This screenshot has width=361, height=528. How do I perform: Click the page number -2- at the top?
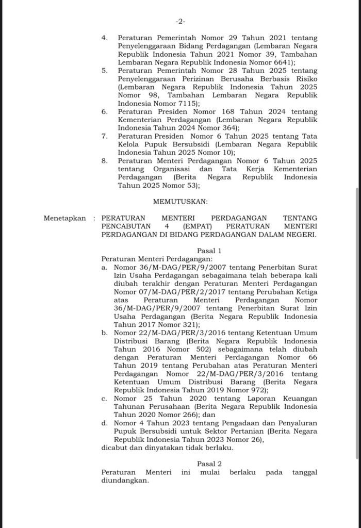coord(180,21)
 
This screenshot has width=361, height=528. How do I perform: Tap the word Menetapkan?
coord(65,219)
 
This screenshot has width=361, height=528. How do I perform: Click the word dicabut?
coord(114,447)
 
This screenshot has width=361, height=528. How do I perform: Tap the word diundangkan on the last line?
coord(124,480)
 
